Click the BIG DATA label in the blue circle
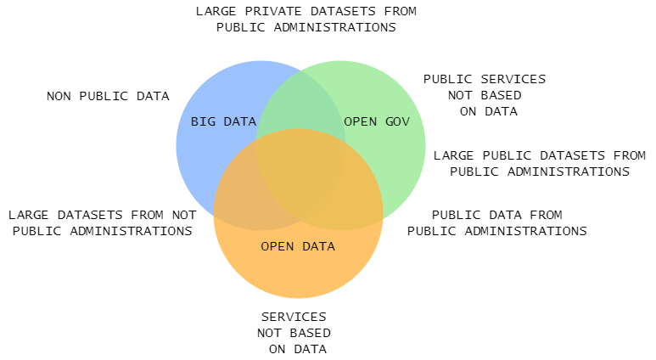(223, 121)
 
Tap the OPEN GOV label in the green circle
(377, 121)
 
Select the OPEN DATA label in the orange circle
(298, 246)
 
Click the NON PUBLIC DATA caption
(108, 96)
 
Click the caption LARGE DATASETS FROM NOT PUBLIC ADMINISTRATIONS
(102, 222)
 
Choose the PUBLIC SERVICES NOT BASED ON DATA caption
(485, 94)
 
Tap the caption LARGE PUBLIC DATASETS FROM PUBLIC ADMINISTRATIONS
(539, 163)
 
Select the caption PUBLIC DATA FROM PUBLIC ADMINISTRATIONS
(496, 222)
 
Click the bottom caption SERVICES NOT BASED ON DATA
(295, 332)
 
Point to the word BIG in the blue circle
(202, 121)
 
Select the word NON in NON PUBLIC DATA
(59, 96)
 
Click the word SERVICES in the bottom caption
(294, 317)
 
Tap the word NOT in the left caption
(184, 215)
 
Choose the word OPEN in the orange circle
(277, 246)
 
